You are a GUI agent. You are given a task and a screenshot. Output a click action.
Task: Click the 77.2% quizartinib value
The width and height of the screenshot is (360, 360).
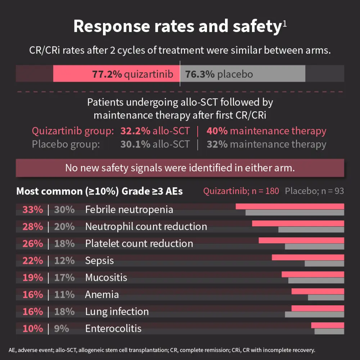click(x=107, y=75)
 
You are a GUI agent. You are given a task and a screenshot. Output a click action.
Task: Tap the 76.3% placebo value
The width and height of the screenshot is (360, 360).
click(x=200, y=75)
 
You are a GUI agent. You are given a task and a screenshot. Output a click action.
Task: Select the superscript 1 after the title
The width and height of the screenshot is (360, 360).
click(x=284, y=24)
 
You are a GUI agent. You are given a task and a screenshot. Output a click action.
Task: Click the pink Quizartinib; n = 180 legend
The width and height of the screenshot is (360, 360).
click(x=241, y=191)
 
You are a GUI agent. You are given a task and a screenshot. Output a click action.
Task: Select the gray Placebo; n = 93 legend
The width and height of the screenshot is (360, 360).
click(x=314, y=191)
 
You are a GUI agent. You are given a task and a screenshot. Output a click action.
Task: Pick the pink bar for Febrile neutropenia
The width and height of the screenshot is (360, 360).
click(x=290, y=206)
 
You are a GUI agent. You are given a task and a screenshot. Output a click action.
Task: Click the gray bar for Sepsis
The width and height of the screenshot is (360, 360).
click(x=324, y=264)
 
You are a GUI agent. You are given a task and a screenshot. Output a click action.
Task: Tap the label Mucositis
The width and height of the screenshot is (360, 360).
click(x=106, y=278)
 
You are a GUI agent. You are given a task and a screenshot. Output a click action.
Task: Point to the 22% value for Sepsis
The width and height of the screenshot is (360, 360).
click(x=33, y=261)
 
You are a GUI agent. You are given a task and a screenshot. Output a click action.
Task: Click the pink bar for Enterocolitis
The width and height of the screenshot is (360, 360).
click(x=328, y=325)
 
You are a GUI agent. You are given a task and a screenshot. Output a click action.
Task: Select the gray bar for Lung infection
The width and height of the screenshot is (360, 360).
click(x=314, y=314)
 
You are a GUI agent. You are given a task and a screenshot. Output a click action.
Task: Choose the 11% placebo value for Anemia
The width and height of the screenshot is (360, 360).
click(x=64, y=294)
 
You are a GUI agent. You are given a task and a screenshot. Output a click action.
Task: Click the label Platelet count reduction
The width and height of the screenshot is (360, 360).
click(x=139, y=244)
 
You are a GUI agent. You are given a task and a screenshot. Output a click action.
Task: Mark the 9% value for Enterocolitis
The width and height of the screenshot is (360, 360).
click(x=62, y=328)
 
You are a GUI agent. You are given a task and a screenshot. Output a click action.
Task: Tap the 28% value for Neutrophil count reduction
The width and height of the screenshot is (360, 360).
click(x=33, y=226)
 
